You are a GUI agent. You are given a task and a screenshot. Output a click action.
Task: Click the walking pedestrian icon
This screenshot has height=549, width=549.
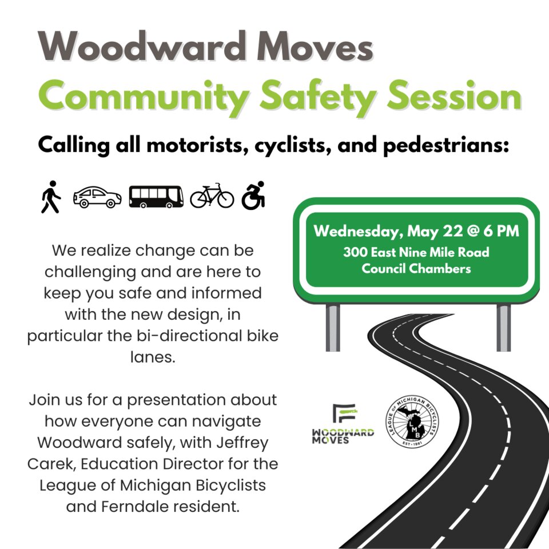coord(51,197)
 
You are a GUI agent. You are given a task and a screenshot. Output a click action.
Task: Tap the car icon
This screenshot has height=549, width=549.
coord(97,197)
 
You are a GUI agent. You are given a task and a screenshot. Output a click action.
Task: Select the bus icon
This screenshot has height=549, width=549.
coord(156,197)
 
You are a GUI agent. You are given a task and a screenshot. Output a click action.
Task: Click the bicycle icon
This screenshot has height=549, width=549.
coord(212,196)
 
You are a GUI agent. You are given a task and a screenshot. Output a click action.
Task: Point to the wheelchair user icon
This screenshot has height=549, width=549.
coord(253,196)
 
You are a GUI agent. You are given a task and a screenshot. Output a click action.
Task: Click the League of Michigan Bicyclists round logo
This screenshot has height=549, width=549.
coord(413,421)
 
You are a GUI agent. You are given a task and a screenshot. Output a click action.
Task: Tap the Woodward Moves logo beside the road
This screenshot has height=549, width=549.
coord(343,424)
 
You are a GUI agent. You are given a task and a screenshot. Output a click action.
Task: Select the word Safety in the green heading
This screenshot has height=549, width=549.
coord(317,96)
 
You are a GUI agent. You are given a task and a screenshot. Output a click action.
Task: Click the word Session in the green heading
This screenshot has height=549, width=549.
coord(454,96)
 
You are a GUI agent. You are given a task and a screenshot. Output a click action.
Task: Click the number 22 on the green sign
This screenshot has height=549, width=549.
coord(453,231)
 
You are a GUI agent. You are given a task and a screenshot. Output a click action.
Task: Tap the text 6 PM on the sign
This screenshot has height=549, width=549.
coord(502,231)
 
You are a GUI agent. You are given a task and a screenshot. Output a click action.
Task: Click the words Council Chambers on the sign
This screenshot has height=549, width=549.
coord(416,269)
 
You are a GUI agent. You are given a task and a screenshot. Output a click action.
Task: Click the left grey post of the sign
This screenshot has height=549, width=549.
coord(333,328)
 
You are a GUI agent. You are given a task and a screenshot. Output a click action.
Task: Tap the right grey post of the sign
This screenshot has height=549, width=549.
coord(503,328)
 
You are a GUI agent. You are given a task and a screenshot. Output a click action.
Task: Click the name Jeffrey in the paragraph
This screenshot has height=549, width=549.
coord(242,443)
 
